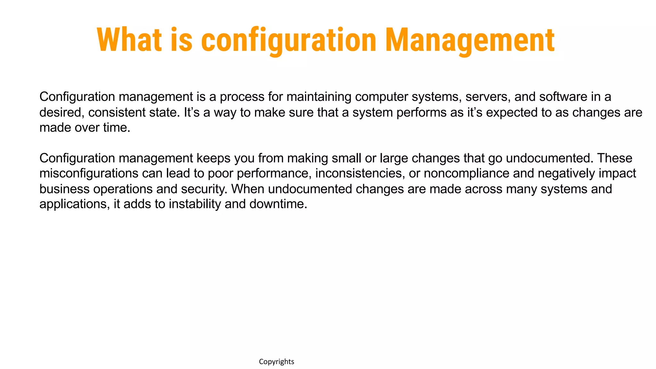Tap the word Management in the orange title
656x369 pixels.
coord(469,40)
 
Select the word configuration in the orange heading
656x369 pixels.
coord(288,40)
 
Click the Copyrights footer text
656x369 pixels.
coord(276,362)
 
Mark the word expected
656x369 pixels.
coord(512,112)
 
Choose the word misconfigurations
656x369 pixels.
coord(89,174)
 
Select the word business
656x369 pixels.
coord(64,189)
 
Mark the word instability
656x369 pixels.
coord(195,204)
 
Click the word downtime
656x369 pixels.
coord(278,204)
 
